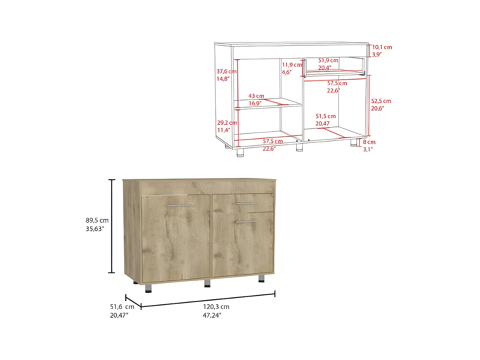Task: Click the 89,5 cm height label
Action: tap(97, 220)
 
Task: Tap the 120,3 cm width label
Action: tap(216, 307)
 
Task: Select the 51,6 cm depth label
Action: tap(122, 307)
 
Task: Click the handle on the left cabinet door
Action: tap(178, 205)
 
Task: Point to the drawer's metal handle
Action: tap(246, 203)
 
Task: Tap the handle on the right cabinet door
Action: tap(246, 221)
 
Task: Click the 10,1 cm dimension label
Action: tap(382, 47)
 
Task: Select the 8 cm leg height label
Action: tap(369, 142)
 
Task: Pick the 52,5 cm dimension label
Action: tap(381, 101)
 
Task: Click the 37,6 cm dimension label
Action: tap(227, 71)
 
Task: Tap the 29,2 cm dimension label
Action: tap(227, 123)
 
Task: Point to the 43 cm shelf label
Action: tap(256, 96)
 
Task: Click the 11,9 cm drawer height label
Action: tap(292, 65)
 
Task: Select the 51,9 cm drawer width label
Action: tap(328, 60)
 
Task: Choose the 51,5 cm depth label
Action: tap(325, 116)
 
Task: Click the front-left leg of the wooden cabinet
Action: tap(148, 288)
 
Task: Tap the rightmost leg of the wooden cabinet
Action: tap(261, 278)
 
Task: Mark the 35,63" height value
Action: tap(95, 229)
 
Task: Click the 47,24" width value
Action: tap(212, 315)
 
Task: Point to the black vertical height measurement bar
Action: tap(111, 226)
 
